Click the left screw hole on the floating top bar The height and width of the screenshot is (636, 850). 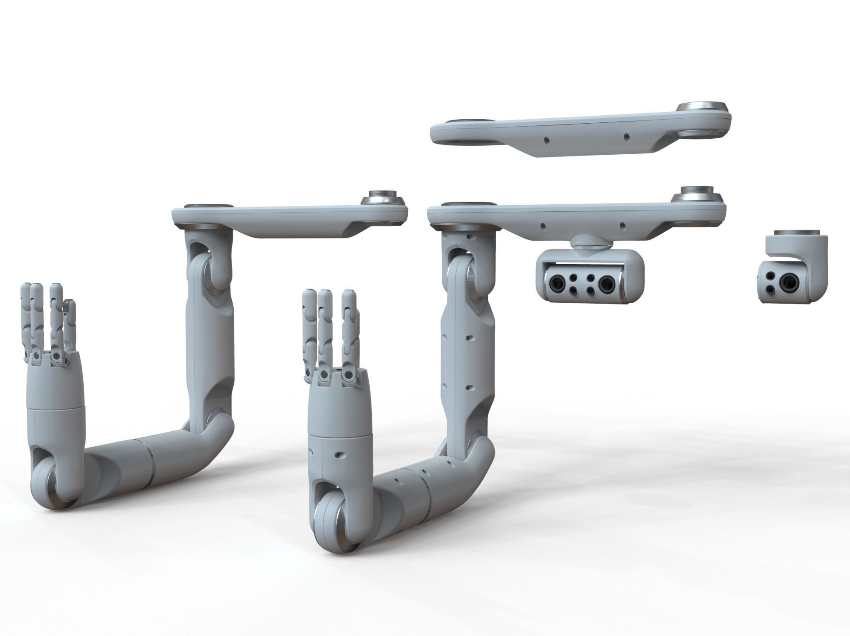[545, 140]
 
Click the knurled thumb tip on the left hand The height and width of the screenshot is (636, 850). [68, 306]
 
